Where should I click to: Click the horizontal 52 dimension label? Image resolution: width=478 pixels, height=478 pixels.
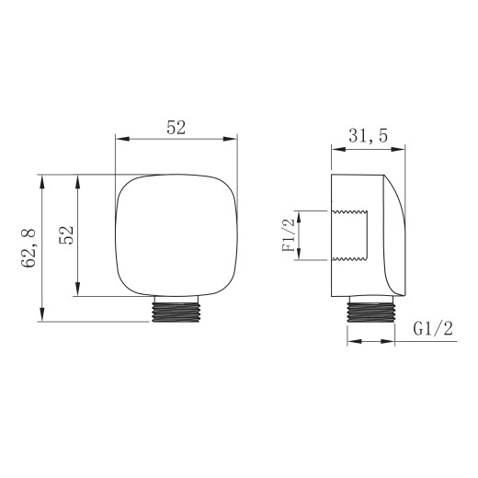click(176, 128)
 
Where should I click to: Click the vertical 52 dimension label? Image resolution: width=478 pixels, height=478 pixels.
click(66, 235)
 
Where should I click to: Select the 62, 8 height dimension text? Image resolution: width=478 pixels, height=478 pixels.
click(28, 248)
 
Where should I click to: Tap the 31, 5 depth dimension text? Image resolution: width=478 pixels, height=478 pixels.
click(368, 135)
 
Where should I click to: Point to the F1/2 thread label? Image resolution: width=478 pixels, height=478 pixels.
click(289, 235)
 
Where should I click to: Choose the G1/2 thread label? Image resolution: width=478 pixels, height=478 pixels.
click(433, 329)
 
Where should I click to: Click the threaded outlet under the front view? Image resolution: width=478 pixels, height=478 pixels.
click(176, 311)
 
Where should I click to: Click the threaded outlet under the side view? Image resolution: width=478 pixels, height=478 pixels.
click(370, 311)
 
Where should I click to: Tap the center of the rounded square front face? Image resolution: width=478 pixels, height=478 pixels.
click(176, 235)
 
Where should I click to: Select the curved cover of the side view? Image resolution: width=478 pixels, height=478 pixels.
click(395, 235)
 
